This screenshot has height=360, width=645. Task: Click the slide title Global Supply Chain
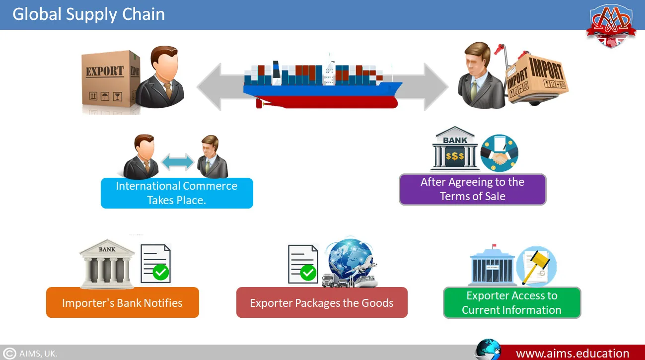click(88, 14)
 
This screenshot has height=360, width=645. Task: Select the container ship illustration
click(323, 82)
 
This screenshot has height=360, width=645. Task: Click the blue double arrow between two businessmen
click(178, 162)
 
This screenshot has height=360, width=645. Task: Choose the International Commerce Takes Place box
click(177, 193)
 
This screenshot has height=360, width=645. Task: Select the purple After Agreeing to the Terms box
click(472, 189)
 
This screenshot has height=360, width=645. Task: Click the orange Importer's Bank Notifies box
click(122, 302)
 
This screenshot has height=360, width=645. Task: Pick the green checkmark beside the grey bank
click(160, 272)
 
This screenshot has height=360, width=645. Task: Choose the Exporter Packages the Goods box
click(321, 302)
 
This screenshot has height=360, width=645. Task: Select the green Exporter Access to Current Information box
click(511, 302)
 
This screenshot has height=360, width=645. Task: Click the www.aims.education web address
click(573, 354)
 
